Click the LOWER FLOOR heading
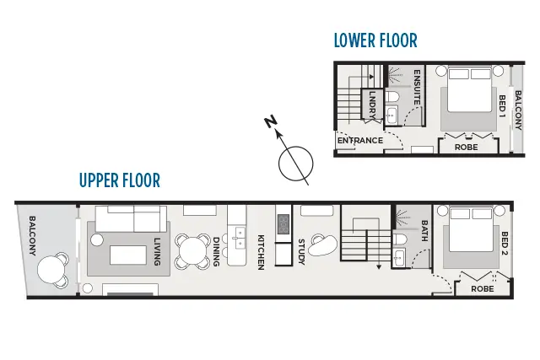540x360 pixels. tap(375, 40)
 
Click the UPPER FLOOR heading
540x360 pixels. tap(119, 180)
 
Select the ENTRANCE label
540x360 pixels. tap(360, 141)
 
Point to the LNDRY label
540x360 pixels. tap(372, 105)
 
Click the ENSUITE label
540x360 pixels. tap(417, 87)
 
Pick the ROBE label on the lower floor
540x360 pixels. tap(466, 147)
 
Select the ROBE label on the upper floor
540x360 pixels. tap(483, 287)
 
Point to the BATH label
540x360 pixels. tap(424, 232)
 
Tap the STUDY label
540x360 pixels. tap(301, 252)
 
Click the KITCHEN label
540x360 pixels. tap(262, 252)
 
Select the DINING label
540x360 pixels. tap(217, 252)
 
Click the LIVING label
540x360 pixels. tap(157, 252)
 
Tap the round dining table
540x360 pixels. tap(192, 250)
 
